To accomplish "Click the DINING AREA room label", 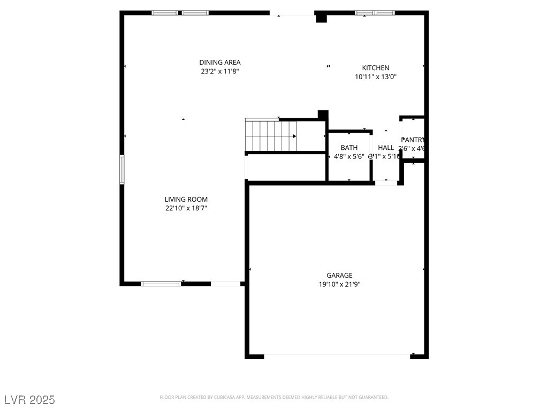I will [x=219, y=62].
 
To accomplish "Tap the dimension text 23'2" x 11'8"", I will [x=219, y=71].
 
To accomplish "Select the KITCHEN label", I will [x=376, y=68].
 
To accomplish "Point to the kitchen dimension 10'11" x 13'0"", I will [x=376, y=77].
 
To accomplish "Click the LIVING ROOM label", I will [x=186, y=200].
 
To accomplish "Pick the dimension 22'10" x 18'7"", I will [x=186, y=208].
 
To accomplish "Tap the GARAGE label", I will [x=339, y=276].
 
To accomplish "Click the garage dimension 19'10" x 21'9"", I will [x=339, y=285].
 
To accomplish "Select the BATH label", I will [x=349, y=148].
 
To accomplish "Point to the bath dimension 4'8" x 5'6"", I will [x=349, y=157].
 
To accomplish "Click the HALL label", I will [x=386, y=148].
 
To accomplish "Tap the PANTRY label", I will [x=413, y=140].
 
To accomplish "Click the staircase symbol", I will [x=271, y=136].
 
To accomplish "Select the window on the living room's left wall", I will [x=122, y=170].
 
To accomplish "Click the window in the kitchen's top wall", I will [x=375, y=13].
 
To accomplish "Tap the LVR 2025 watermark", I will [x=29, y=400].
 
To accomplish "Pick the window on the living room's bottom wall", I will [x=161, y=284].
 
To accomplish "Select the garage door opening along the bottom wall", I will [x=337, y=355].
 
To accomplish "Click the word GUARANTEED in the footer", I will [x=373, y=397].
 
